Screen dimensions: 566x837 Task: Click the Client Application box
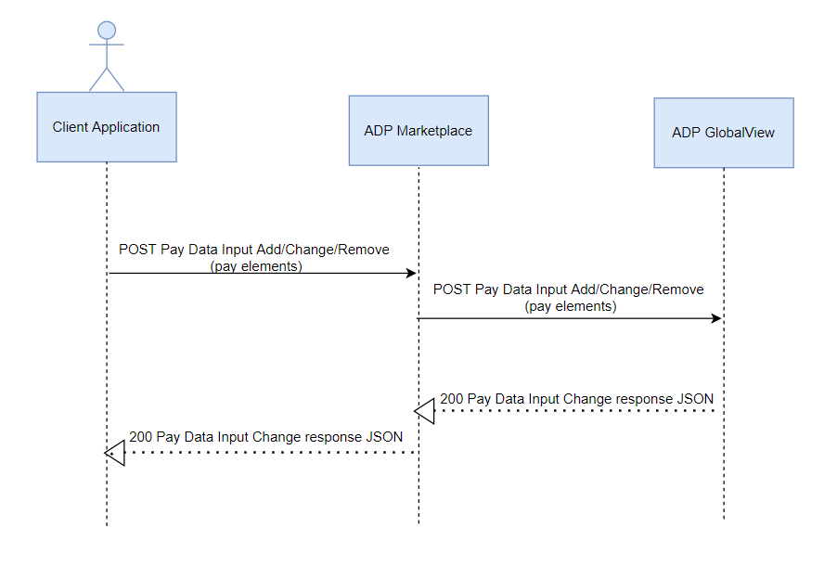point(106,127)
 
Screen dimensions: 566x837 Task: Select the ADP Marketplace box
point(418,131)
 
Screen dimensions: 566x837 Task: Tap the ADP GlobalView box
point(723,133)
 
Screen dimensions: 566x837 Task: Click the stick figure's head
point(107,32)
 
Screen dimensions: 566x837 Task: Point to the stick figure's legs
point(107,79)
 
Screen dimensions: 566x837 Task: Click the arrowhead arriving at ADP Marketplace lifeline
point(410,274)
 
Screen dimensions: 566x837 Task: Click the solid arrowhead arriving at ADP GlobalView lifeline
point(716,318)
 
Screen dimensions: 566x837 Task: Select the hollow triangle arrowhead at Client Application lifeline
point(115,453)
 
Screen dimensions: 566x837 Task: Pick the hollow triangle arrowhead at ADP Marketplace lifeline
point(425,409)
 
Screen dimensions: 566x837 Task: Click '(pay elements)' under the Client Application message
point(256,266)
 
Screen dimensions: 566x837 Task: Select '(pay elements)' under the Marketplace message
point(570,306)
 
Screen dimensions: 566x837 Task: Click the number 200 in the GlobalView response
point(452,399)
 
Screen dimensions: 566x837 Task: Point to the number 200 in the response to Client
point(141,435)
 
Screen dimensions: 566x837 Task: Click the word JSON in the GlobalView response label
point(696,399)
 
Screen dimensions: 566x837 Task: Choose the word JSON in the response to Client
point(385,435)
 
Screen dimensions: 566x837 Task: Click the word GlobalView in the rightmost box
point(739,133)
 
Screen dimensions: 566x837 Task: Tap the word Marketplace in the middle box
point(434,131)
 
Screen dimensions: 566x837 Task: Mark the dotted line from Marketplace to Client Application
point(269,453)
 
